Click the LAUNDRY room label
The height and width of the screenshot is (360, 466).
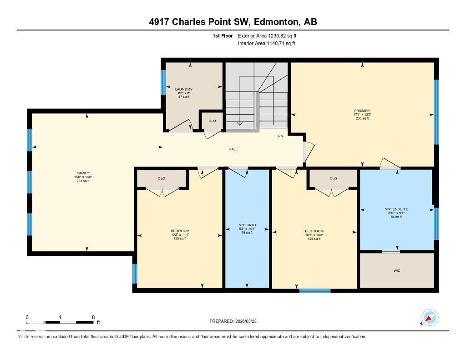[x=184, y=89]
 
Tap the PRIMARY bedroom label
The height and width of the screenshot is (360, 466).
[x=362, y=111]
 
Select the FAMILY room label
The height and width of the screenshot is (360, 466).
[x=83, y=173]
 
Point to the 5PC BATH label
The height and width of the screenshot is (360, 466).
[x=247, y=225]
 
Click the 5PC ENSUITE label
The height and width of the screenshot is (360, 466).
[x=396, y=209]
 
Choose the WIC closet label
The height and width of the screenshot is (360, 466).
[x=397, y=270]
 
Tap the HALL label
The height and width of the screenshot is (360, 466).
[x=233, y=149]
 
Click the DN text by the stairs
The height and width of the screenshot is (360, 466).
[x=281, y=136]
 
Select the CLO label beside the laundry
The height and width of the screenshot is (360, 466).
[x=212, y=121]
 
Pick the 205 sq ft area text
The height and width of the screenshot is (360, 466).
[x=362, y=118]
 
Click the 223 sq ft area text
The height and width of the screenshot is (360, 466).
[x=83, y=181]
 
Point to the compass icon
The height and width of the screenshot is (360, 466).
[x=430, y=317]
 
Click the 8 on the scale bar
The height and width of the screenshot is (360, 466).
[x=93, y=317]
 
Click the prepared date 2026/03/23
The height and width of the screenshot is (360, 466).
[x=250, y=321]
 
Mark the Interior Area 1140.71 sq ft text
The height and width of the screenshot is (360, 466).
[x=266, y=43]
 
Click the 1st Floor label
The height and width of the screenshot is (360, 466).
[x=223, y=35]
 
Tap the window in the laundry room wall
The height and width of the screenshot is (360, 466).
[x=163, y=82]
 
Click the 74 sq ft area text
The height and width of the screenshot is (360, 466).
[x=247, y=233]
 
